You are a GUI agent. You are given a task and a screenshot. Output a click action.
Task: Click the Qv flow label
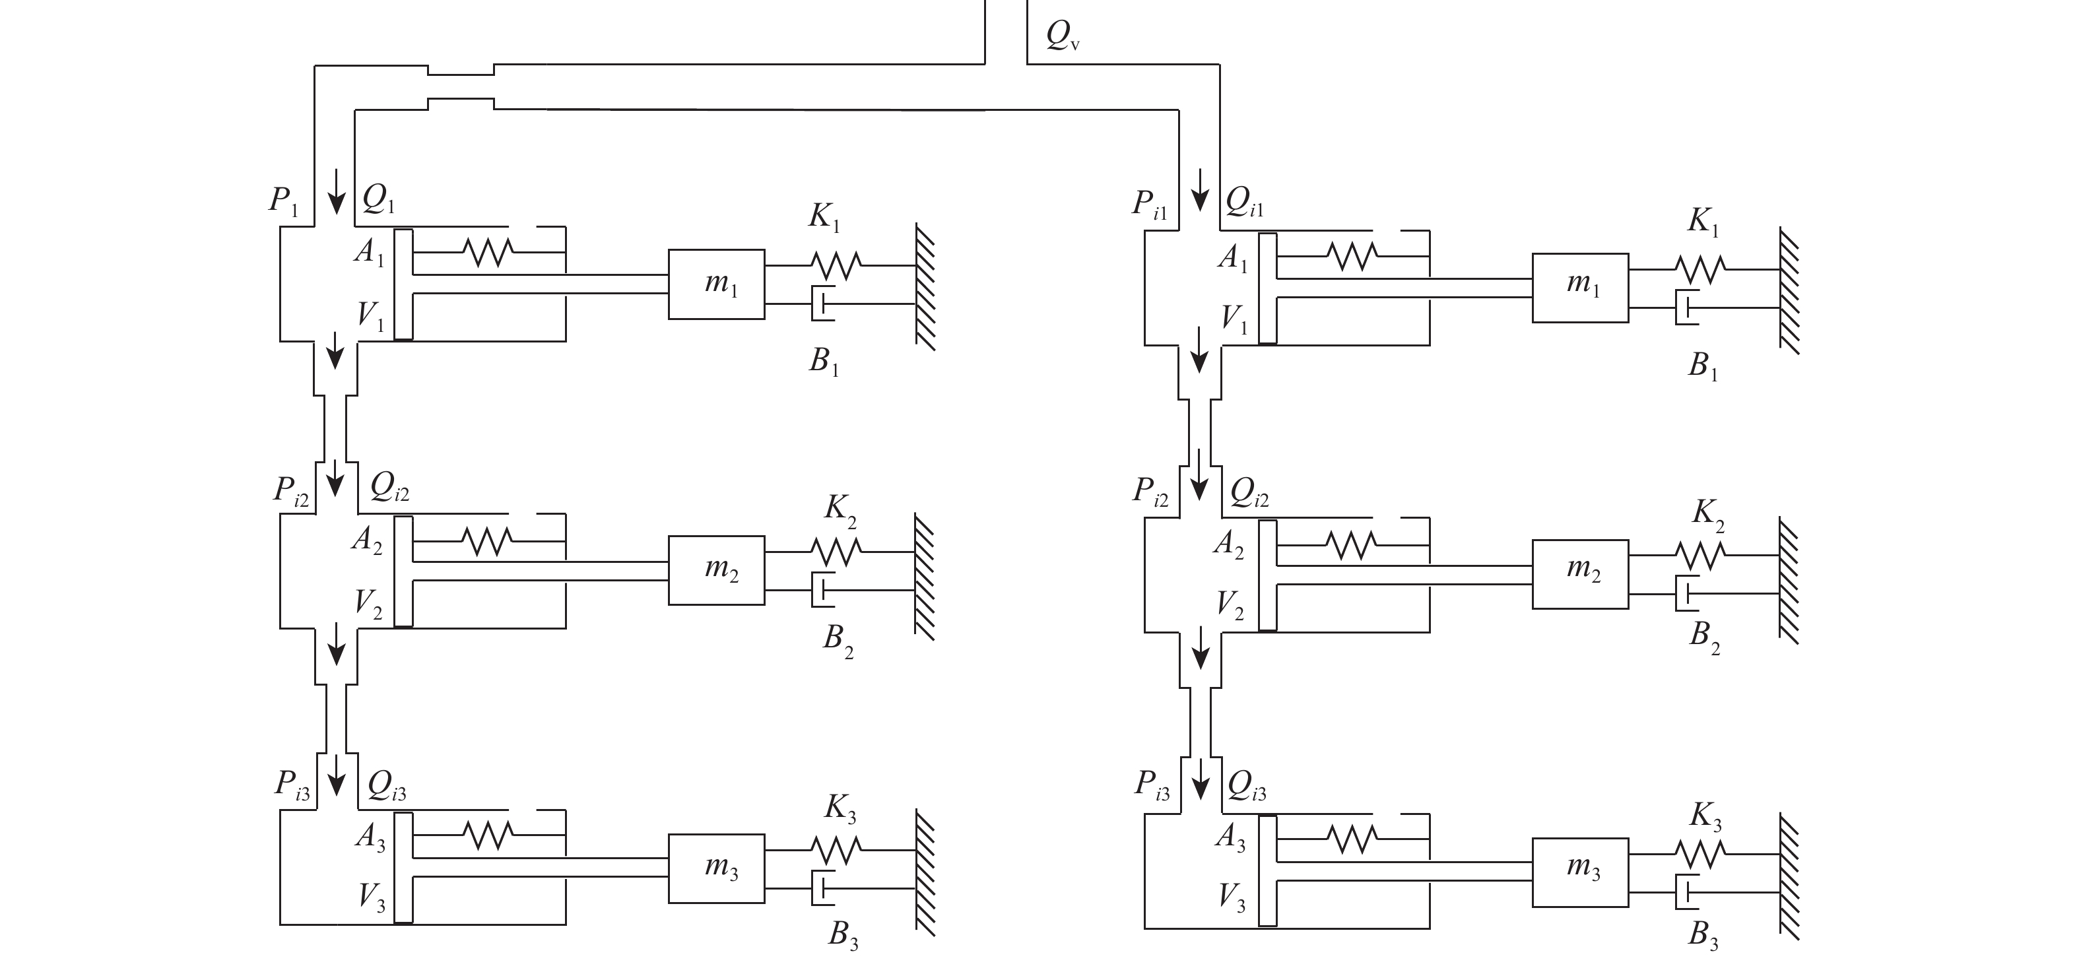1063,36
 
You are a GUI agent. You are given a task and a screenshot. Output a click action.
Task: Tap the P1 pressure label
284,200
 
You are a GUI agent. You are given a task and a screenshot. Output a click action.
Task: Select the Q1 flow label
379,198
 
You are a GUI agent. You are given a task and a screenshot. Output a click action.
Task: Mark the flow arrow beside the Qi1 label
1201,191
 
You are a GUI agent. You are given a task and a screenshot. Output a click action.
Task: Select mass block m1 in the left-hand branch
717,284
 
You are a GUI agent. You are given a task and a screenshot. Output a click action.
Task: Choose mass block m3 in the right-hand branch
1580,873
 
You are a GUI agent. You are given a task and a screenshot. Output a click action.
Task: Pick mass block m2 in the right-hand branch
1580,573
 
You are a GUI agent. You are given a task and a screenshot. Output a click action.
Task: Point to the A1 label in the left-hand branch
369,253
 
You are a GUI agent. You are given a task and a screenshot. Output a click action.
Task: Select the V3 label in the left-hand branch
372,897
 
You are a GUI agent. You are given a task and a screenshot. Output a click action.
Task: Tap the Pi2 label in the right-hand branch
1151,492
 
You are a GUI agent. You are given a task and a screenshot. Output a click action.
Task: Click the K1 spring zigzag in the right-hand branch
1699,267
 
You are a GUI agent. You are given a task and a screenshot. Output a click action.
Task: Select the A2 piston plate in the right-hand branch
1268,575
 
